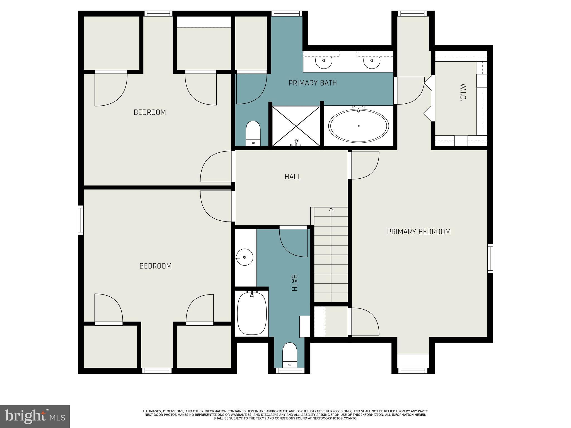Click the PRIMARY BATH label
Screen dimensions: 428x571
[x=313, y=83]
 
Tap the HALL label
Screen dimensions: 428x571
[x=292, y=177]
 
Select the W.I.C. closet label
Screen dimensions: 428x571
[x=463, y=92]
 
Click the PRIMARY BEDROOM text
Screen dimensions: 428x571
[x=418, y=232]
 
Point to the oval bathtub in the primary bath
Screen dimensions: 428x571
[x=359, y=126]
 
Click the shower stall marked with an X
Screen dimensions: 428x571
[x=296, y=126]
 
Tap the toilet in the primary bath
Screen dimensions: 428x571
[x=253, y=133]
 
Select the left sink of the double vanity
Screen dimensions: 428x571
[x=324, y=60]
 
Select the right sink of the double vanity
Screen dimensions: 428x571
[x=372, y=60]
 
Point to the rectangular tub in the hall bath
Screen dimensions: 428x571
[x=252, y=313]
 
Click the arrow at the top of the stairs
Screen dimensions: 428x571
[x=331, y=210]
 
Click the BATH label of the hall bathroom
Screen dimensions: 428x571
[x=294, y=283]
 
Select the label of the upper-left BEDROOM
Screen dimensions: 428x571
[x=150, y=112]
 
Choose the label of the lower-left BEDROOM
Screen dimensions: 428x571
[x=155, y=266]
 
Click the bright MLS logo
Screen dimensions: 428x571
[x=35, y=416]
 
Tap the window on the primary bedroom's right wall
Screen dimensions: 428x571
[x=490, y=259]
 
